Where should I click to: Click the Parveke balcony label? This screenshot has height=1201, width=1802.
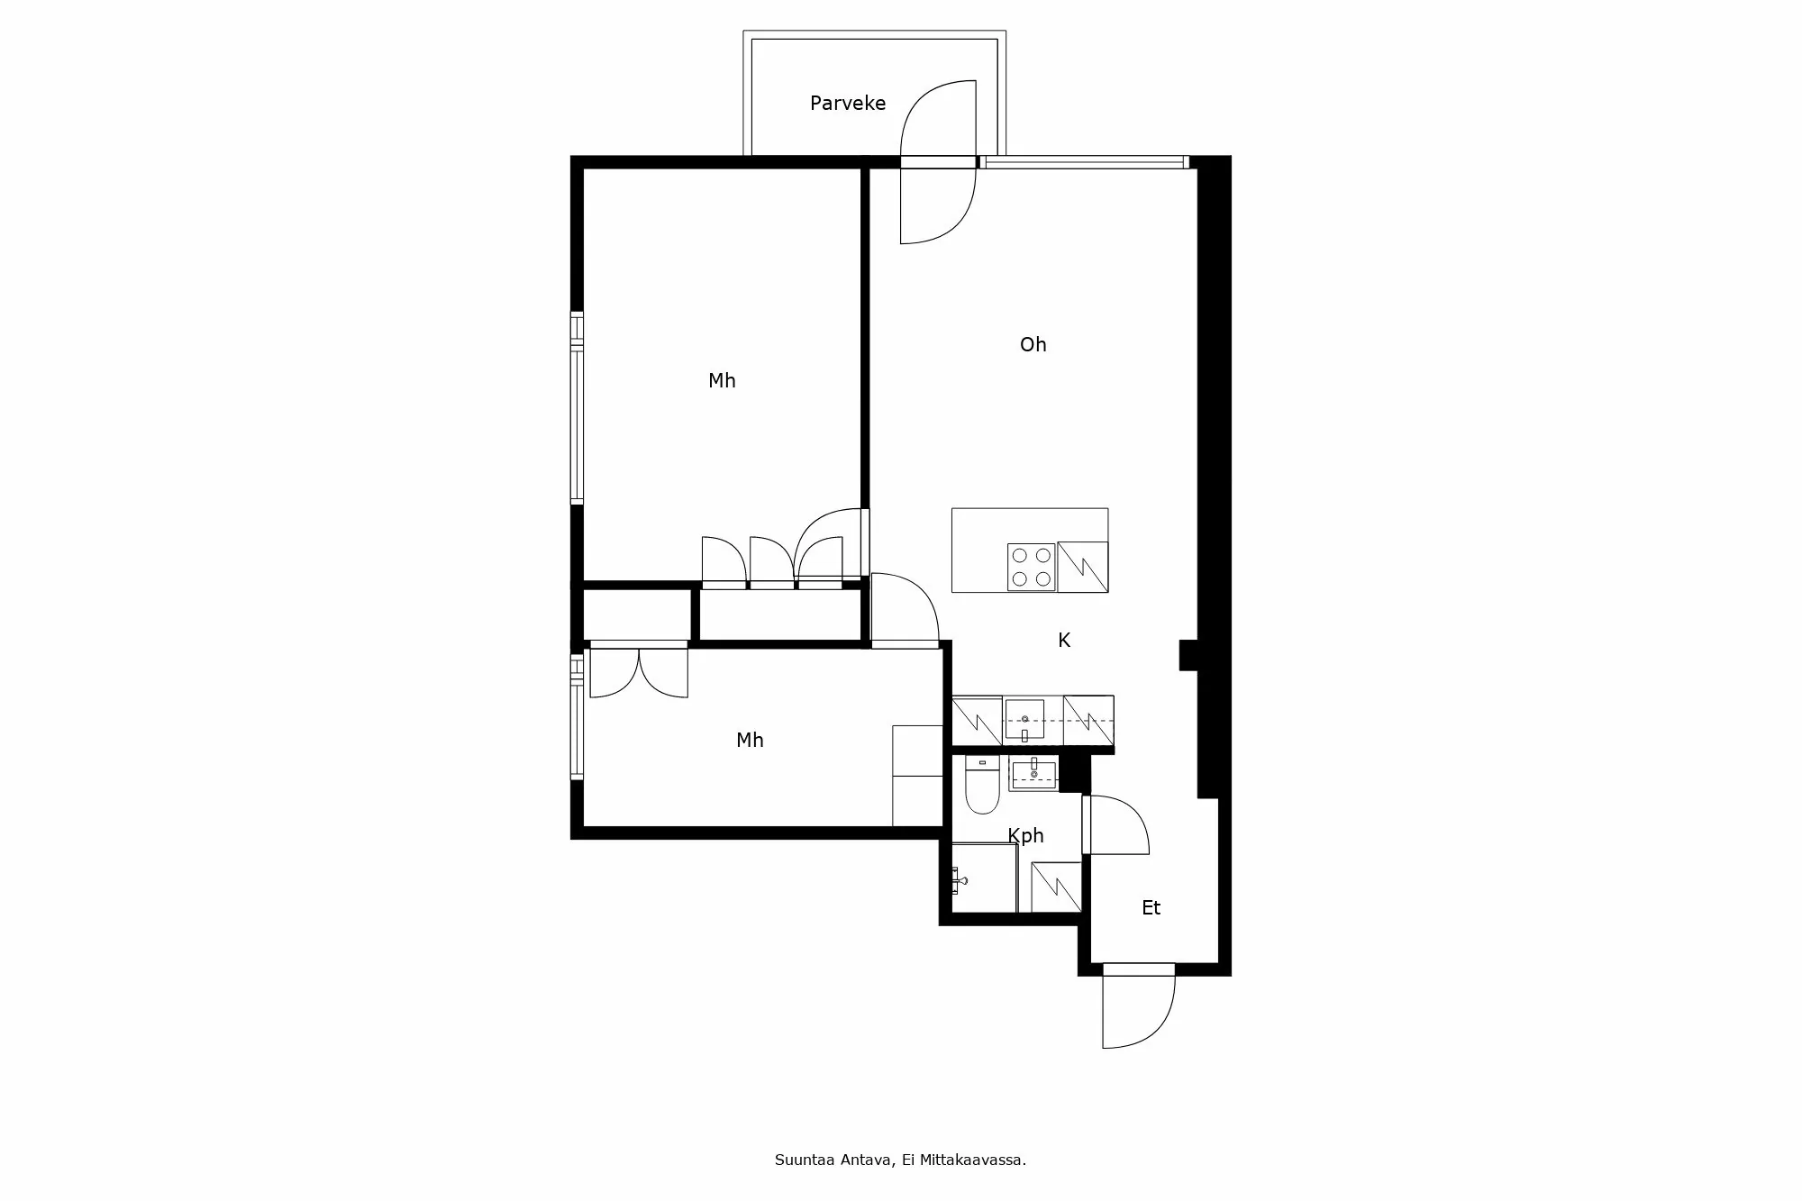[847, 104]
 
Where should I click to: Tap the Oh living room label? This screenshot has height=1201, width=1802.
[1033, 344]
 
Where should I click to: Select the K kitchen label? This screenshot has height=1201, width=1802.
[1063, 641]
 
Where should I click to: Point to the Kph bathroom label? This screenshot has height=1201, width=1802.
[1025, 836]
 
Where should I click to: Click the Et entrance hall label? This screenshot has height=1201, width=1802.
[1151, 908]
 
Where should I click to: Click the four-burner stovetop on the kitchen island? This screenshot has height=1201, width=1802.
[1031, 568]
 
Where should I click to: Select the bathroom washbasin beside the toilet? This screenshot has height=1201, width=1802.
[1033, 774]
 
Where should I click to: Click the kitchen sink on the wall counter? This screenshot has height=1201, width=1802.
[1024, 719]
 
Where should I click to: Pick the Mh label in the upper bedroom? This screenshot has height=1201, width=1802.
[722, 381]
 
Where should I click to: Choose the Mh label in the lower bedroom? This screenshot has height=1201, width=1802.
[750, 741]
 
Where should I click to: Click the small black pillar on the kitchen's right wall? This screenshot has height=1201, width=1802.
[1188, 655]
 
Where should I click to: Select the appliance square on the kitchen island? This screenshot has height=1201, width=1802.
[1082, 567]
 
